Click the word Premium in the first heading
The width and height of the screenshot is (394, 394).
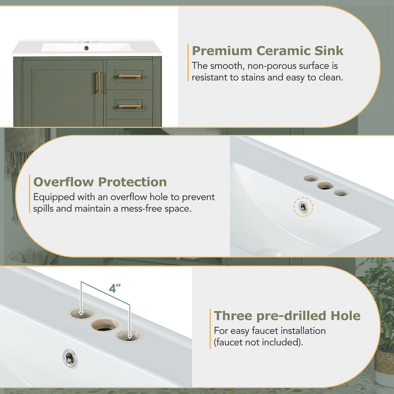click(222, 51)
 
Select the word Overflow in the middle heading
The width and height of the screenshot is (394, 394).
click(63, 182)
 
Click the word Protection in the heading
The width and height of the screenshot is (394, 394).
click(132, 182)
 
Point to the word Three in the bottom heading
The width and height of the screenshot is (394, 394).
click(232, 316)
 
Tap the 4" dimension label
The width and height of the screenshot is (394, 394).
click(115, 289)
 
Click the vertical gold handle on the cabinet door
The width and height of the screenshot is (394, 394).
click(99, 82)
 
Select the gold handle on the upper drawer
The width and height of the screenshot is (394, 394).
click(130, 75)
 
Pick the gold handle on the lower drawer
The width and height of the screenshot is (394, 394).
click(130, 105)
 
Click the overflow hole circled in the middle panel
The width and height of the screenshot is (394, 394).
click(303, 207)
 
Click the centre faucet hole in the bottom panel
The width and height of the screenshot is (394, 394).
click(105, 325)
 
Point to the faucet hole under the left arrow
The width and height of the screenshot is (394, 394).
click(82, 314)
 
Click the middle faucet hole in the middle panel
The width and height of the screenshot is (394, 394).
click(326, 186)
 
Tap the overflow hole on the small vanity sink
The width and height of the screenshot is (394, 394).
click(87, 48)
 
